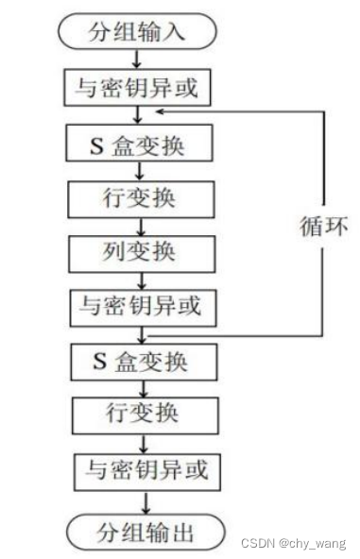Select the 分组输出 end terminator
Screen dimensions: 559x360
(x=144, y=533)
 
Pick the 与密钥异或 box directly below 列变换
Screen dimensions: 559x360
(x=142, y=307)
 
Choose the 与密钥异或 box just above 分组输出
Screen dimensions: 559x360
(x=143, y=469)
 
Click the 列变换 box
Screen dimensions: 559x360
(x=141, y=252)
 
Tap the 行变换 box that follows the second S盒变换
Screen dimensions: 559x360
(x=141, y=415)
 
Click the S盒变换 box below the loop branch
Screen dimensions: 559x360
(x=142, y=361)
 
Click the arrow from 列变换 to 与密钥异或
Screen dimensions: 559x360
(x=141, y=279)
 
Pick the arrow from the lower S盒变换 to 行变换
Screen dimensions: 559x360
(x=142, y=388)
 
